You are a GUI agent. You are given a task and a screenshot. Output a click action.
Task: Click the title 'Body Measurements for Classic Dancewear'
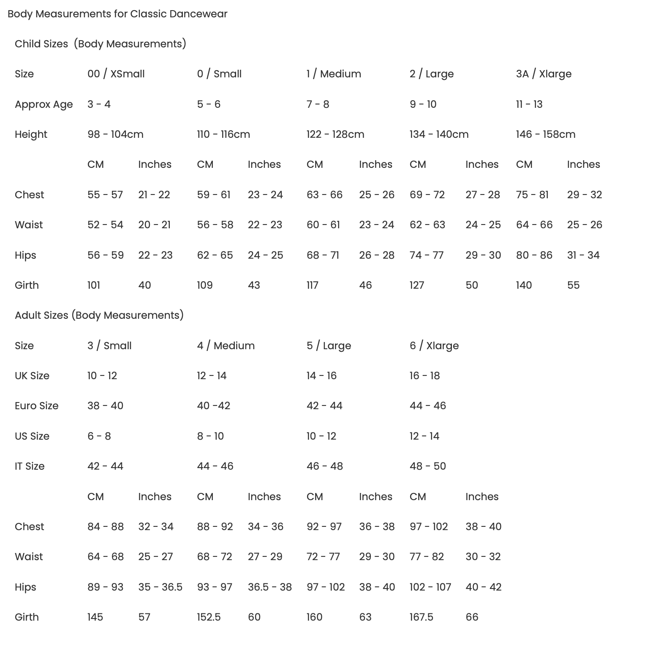(x=117, y=14)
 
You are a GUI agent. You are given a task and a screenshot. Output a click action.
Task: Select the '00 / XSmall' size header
(x=116, y=74)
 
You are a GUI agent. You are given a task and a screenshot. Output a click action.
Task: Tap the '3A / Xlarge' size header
(x=544, y=74)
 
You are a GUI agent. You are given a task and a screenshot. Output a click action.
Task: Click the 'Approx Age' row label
(x=44, y=104)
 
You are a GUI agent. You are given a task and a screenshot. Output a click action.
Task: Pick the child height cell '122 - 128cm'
(x=335, y=134)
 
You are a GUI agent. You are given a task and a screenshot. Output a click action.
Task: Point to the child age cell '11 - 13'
(x=529, y=104)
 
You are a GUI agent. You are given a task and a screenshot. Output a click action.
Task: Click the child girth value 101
(x=94, y=285)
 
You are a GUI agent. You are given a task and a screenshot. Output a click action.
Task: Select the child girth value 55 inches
(x=573, y=285)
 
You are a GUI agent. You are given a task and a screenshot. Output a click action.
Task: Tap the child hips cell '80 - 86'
(x=534, y=255)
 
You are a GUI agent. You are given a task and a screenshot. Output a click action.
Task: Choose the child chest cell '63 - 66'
(x=324, y=195)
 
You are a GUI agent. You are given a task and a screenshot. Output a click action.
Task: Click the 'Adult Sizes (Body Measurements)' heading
(x=99, y=315)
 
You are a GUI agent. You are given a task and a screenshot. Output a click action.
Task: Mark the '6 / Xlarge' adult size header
(x=434, y=346)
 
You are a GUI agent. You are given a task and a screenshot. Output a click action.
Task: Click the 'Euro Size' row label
(x=36, y=406)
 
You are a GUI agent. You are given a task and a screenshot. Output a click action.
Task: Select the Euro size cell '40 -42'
(x=213, y=406)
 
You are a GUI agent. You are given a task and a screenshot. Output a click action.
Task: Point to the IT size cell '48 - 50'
(x=427, y=466)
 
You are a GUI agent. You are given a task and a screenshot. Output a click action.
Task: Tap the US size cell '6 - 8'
(x=99, y=436)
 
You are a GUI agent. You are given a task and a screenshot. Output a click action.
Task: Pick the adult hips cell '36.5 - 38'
(x=269, y=587)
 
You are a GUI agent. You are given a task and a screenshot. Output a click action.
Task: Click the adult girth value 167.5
(x=421, y=617)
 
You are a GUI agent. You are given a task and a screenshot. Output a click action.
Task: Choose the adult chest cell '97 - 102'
(x=428, y=527)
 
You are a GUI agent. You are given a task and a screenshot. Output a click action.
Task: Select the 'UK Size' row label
(x=32, y=376)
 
